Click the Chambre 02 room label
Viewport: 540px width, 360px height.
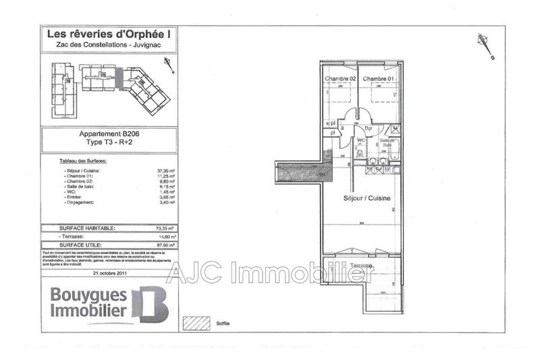[x=340, y=79]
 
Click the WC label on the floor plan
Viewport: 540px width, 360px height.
[x=361, y=140]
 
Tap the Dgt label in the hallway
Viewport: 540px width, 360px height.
[x=369, y=128]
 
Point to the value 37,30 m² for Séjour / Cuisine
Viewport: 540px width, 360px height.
[x=166, y=172]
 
